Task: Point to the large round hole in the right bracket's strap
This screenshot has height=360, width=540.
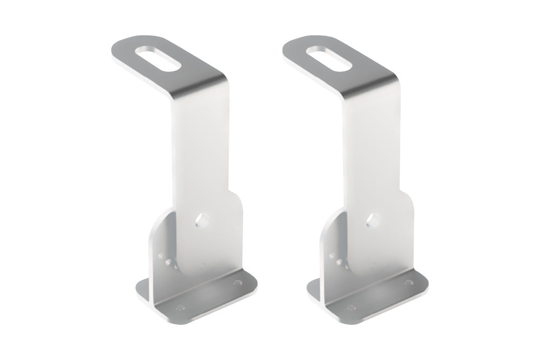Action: point(373,220)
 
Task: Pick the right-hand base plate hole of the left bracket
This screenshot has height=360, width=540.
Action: point(237,282)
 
